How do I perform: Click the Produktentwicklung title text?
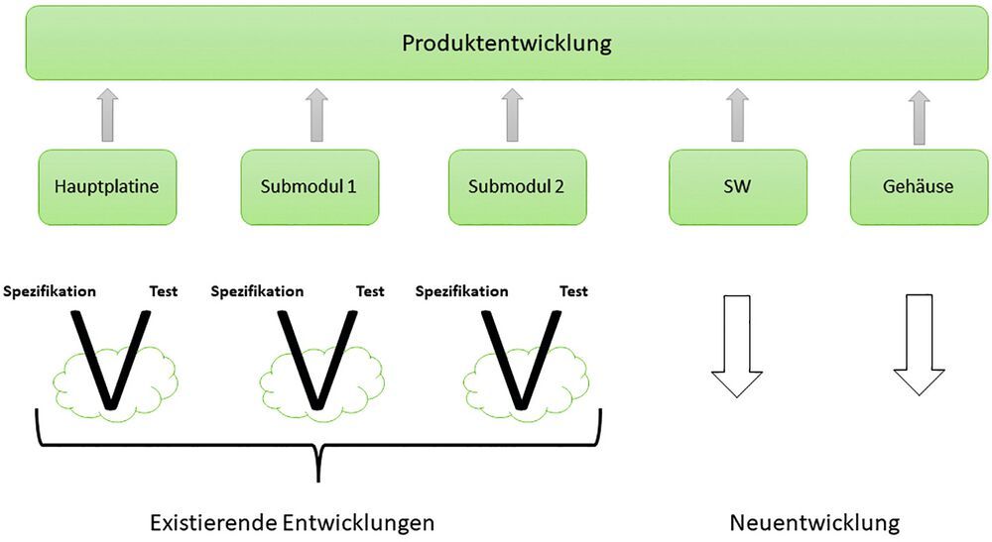point(507,44)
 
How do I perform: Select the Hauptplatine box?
point(108,186)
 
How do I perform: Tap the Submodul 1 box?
point(310,186)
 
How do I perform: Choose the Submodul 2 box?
point(518,186)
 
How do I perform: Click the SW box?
point(737,186)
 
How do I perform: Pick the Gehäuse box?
point(919,186)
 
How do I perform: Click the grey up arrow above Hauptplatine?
point(108,115)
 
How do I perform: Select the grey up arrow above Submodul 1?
point(315,115)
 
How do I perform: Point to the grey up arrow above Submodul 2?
point(512,115)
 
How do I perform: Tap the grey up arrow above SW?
point(737,115)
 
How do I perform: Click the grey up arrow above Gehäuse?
point(920,115)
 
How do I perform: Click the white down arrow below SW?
point(737,345)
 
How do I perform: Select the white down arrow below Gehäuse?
point(919,345)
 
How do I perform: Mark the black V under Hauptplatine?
point(111,362)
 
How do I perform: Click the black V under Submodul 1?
point(316,362)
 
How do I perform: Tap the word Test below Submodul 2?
point(573,291)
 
